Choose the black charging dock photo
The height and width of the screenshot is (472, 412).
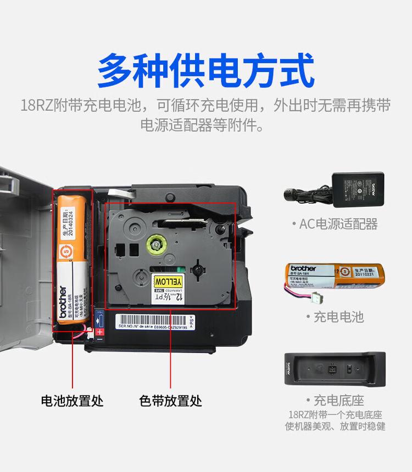335,369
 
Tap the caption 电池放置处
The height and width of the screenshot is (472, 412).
72,400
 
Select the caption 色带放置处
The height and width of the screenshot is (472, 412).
170,400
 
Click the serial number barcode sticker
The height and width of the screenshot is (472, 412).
153,321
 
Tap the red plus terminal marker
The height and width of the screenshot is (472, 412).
100,332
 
